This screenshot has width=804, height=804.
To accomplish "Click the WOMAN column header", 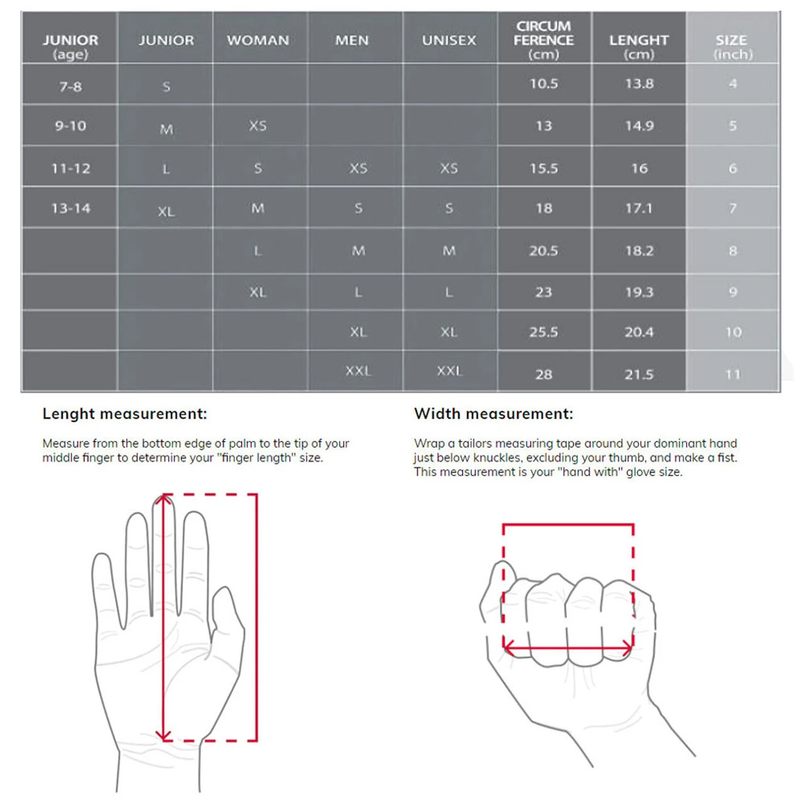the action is (258, 40).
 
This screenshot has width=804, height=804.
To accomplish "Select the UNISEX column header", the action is (449, 40).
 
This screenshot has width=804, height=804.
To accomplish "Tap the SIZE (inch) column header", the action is (732, 46).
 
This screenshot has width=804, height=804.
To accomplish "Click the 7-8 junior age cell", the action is (70, 87).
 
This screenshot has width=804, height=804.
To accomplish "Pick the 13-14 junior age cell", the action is (70, 208).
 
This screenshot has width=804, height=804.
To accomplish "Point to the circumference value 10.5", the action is (544, 84).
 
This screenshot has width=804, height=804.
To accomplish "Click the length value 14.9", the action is (639, 126).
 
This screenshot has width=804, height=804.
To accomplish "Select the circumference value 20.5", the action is (544, 251).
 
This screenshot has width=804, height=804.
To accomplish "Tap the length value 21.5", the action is (639, 374).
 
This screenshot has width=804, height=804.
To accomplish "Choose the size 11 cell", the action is (733, 374).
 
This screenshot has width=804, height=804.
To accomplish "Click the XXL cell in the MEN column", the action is (358, 371).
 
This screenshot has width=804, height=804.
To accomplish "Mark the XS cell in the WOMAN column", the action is (258, 126).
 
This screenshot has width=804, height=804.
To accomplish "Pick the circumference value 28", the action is (544, 374).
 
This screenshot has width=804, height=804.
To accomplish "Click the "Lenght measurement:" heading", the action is (125, 414).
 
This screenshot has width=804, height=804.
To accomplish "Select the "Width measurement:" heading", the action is (494, 414).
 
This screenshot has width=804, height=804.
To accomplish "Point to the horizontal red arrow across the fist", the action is (568, 648).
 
